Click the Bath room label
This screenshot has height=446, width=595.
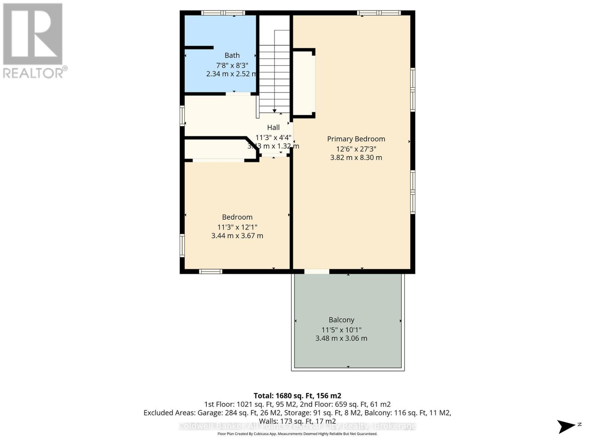pyautogui.click(x=232, y=55)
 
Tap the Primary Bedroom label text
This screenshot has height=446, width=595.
pyautogui.click(x=356, y=139)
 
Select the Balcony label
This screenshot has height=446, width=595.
pyautogui.click(x=341, y=320)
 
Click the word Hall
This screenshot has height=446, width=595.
pyautogui.click(x=273, y=127)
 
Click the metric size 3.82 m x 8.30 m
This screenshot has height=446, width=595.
pyautogui.click(x=356, y=158)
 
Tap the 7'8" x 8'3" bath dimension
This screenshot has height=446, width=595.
pyautogui.click(x=232, y=65)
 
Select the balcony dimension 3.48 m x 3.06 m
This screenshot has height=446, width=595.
pyautogui.click(x=341, y=338)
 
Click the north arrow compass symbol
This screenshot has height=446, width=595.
pyautogui.click(x=566, y=426)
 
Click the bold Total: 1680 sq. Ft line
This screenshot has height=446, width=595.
pyautogui.click(x=297, y=396)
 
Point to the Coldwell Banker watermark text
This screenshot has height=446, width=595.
pyautogui.click(x=297, y=426)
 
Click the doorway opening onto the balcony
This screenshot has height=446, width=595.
pyautogui.click(x=316, y=272)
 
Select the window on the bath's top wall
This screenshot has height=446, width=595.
pyautogui.click(x=223, y=13)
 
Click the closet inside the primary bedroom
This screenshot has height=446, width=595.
pyautogui.click(x=304, y=84)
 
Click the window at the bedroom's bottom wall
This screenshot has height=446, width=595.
pyautogui.click(x=210, y=272)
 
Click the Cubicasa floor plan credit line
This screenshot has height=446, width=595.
pyautogui.click(x=297, y=434)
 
